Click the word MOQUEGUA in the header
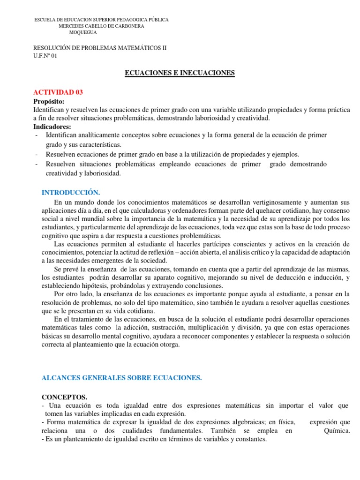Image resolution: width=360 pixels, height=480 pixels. click(x=83, y=33)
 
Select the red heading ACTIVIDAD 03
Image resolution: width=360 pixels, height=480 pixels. click(x=58, y=92)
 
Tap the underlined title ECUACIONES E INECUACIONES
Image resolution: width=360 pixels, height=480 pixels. click(x=179, y=73)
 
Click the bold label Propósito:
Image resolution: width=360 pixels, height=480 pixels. click(x=49, y=101)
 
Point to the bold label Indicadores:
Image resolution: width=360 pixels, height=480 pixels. click(x=52, y=127)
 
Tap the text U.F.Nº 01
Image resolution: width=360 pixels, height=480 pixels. click(x=45, y=56)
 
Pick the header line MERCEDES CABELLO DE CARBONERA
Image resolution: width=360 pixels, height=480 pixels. click(x=101, y=26)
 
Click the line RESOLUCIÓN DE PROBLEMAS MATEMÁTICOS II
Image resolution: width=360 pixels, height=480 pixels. click(x=100, y=48)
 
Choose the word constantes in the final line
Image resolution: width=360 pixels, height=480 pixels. click(x=250, y=439)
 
